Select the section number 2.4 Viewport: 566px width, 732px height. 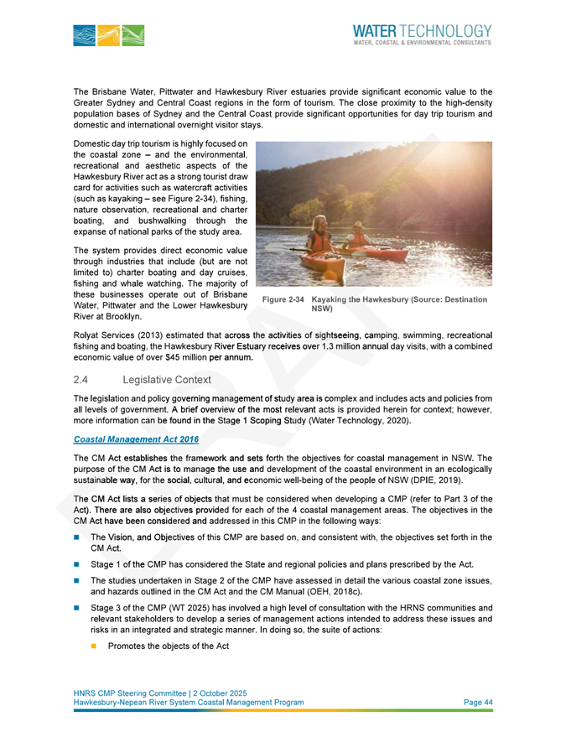(82, 382)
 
